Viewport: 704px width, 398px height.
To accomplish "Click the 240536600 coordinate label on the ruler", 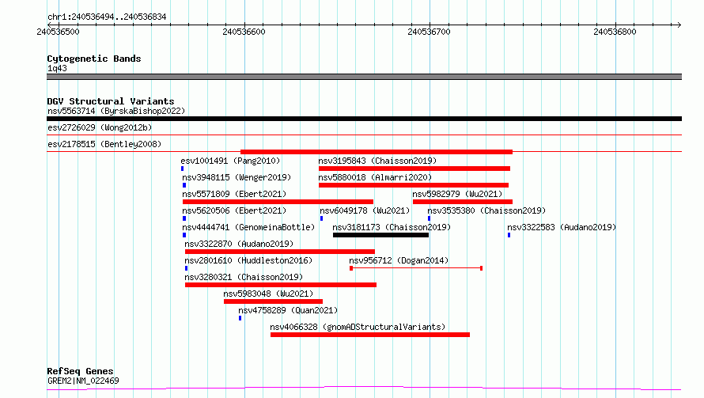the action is click(244, 32).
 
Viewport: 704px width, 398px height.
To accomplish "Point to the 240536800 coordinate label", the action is click(615, 32).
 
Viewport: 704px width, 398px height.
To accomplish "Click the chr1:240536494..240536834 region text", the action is click(107, 17).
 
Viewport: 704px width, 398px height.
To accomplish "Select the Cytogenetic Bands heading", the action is click(94, 59).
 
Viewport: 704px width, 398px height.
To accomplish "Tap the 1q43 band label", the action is click(57, 68).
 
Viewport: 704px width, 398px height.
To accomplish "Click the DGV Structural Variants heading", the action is click(111, 101).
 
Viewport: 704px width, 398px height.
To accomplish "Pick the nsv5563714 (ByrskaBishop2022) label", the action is click(116, 111).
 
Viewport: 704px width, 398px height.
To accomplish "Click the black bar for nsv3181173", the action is click(380, 235).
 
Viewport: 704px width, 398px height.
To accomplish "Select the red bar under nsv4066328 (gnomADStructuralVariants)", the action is click(370, 335).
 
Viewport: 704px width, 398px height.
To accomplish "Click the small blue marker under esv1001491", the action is click(182, 169).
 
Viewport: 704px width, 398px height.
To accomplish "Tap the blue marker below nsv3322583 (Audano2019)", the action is click(509, 235).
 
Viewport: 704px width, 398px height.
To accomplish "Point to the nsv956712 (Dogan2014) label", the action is click(399, 260).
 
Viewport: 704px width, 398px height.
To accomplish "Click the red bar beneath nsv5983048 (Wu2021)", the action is click(273, 301).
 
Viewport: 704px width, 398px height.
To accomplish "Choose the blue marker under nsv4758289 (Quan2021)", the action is click(240, 318).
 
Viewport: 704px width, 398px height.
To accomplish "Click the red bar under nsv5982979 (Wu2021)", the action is click(463, 202).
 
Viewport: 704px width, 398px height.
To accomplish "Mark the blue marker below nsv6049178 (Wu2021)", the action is click(321, 218).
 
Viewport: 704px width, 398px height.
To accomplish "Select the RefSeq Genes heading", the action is click(80, 371).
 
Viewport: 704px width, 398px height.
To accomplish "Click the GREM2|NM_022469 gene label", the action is click(83, 381).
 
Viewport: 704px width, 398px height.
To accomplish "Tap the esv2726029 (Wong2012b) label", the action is click(100, 127).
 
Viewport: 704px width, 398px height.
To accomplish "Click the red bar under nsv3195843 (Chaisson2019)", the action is click(414, 169).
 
